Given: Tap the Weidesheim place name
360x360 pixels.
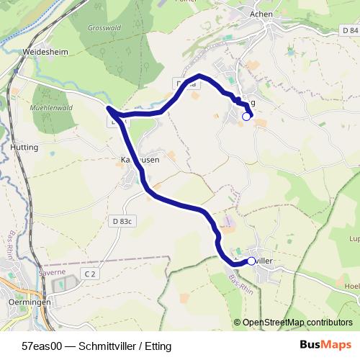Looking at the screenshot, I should click(x=45, y=53).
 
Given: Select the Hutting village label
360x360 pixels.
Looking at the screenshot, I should click(x=24, y=146).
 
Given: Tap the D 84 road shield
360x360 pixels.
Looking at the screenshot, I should click(x=350, y=31).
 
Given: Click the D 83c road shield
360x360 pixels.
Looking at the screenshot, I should click(x=122, y=221).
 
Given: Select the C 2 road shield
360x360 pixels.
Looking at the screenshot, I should click(x=89, y=274).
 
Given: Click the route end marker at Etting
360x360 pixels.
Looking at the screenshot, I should click(x=246, y=117).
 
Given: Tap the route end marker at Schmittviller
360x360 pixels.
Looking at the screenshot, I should click(x=251, y=261).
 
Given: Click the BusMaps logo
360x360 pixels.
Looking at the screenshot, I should click(x=326, y=345).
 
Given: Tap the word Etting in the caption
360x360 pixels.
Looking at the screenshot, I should click(x=158, y=346).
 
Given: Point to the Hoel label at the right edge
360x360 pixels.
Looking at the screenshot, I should click(x=352, y=286).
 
